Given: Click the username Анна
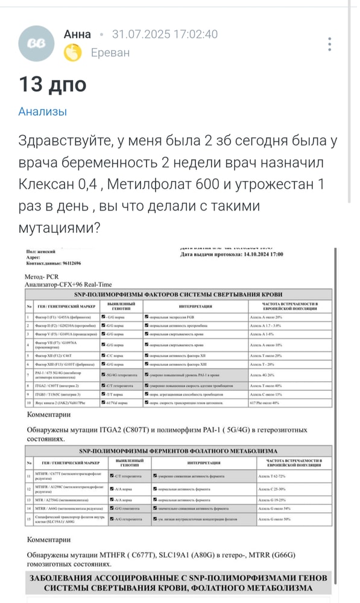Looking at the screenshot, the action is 77,34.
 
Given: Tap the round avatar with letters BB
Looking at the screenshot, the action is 40,43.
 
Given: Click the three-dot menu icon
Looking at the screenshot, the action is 329,44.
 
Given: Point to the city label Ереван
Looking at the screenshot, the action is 110,53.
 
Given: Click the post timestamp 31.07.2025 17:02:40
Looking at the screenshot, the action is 165,34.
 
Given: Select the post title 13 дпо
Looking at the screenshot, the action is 52,84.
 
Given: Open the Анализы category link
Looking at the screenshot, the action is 42,112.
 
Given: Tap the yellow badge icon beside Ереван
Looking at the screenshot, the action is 73,53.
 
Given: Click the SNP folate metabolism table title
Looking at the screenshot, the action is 178,450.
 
